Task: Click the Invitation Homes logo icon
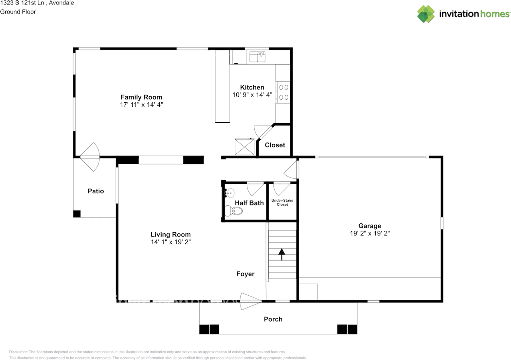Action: point(426,14)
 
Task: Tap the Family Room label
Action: point(141,97)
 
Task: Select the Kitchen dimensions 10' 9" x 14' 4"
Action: point(252,95)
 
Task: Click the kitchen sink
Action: point(258,57)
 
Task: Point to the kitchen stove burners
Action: point(283,92)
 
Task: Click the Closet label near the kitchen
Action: point(275,145)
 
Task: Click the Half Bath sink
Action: point(229,193)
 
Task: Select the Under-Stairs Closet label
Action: point(282,202)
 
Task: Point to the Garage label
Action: point(369,226)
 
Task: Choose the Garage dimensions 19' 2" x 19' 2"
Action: point(369,233)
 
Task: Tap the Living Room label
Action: point(170,235)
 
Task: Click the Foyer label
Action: point(245,274)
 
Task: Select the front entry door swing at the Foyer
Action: point(250,301)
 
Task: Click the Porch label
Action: point(273,319)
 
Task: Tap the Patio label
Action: point(96,191)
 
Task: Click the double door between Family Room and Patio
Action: point(90,157)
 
